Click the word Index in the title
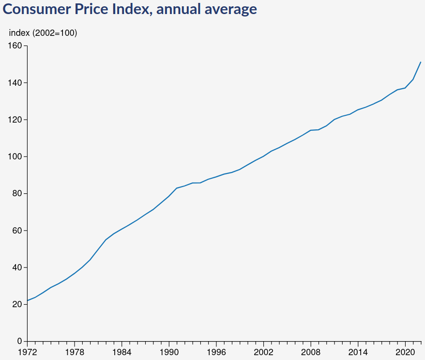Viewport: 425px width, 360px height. tap(127, 9)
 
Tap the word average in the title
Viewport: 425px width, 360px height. tap(229, 9)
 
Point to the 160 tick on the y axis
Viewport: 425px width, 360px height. tap(15, 46)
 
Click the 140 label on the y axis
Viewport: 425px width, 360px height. tap(15, 83)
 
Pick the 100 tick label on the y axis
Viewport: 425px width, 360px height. tap(15, 157)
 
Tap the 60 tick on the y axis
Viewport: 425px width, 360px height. tap(17, 231)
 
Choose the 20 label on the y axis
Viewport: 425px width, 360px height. tap(17, 304)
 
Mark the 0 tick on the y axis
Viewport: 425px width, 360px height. tap(19, 341)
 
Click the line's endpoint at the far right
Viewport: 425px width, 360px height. tap(421, 62)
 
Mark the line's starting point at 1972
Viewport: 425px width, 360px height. tap(28, 300)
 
